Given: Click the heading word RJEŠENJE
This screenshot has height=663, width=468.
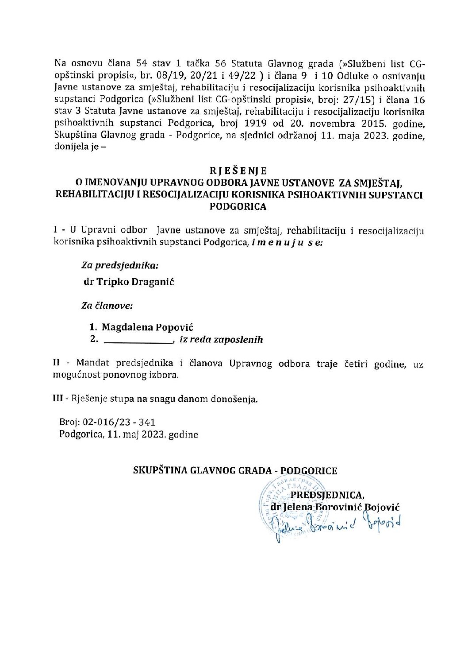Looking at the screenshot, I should click(x=238, y=171).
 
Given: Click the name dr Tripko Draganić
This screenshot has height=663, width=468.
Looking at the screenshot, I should click(x=129, y=282).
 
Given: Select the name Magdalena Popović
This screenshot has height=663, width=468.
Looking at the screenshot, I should click(x=147, y=327).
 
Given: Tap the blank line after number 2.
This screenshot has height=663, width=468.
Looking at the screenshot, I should click(x=137, y=341).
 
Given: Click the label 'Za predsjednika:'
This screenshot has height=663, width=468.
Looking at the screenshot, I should click(x=119, y=265).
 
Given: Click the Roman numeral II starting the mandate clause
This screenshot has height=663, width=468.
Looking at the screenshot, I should click(x=57, y=363).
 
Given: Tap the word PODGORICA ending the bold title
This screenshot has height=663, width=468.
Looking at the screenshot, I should click(x=238, y=206).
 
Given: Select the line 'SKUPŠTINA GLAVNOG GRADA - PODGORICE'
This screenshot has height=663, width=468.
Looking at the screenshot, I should click(x=235, y=470).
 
